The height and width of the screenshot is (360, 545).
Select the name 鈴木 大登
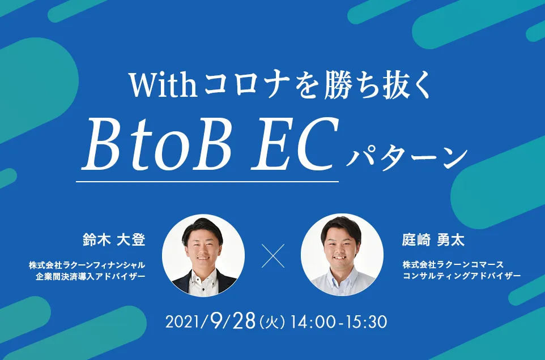[114, 239]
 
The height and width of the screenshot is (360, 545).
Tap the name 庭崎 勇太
[433, 239]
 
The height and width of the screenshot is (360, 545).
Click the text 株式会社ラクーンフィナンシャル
[88, 264]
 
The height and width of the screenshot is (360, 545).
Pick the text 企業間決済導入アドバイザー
[90, 277]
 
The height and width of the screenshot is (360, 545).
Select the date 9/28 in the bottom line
[230, 321]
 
